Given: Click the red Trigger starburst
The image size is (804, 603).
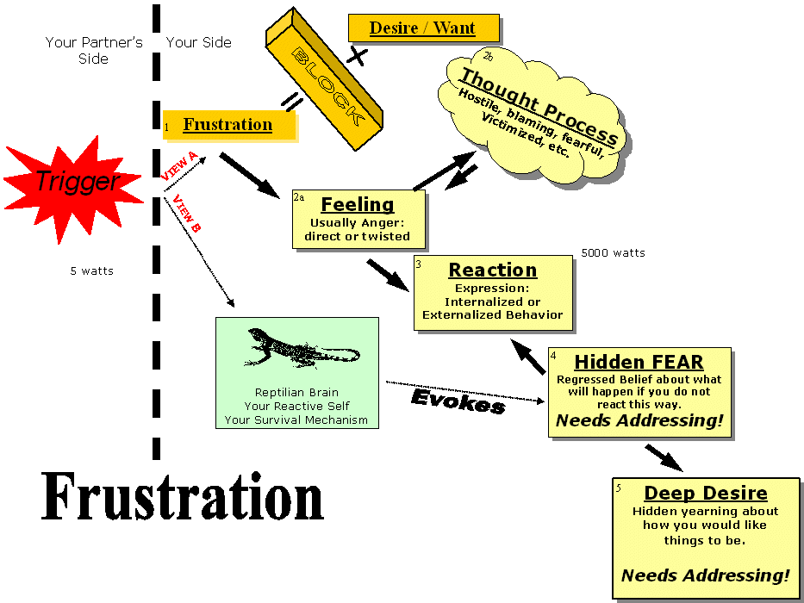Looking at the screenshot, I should click(x=76, y=182).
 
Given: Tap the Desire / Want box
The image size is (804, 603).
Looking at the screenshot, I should click(x=422, y=28).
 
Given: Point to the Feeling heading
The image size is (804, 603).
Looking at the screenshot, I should click(x=357, y=205).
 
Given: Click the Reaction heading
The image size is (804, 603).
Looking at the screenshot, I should click(x=493, y=270).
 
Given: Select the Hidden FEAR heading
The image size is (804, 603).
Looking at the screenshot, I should click(x=639, y=362).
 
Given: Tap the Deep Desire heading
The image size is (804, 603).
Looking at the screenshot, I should click(x=705, y=494).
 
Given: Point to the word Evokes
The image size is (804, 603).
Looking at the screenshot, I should click(x=458, y=401).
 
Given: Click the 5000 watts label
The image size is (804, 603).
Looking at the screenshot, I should click(x=613, y=253).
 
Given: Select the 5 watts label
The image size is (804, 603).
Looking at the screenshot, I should click(x=91, y=270).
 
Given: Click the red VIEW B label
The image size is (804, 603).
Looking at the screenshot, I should click(x=186, y=214).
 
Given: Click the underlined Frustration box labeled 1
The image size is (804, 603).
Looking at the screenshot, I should click(x=227, y=125).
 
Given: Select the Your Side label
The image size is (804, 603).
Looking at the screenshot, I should click(x=198, y=42).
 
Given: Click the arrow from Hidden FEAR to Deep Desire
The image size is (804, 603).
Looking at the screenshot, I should click(x=664, y=457).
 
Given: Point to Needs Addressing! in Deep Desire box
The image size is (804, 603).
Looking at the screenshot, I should click(x=705, y=575).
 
